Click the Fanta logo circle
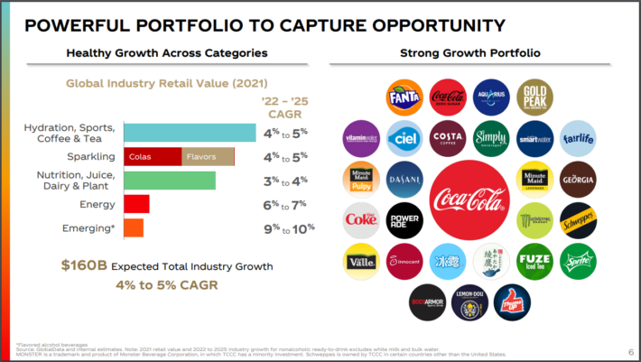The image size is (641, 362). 403,97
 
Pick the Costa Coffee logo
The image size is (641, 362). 448,137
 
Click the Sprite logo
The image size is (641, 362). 578,262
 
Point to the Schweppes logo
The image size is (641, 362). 578,219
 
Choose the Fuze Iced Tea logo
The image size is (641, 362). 534,262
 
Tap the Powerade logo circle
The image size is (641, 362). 403,219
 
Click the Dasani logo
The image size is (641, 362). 403,179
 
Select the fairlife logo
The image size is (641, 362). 578,137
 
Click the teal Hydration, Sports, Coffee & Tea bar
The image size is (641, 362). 190,133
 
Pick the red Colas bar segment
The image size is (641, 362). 153,156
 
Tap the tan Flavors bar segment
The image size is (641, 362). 208,156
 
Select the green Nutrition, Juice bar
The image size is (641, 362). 169,181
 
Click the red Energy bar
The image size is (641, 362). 136,204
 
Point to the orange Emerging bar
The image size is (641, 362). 133,227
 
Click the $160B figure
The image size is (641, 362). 84,266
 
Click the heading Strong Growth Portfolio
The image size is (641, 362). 469,53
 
